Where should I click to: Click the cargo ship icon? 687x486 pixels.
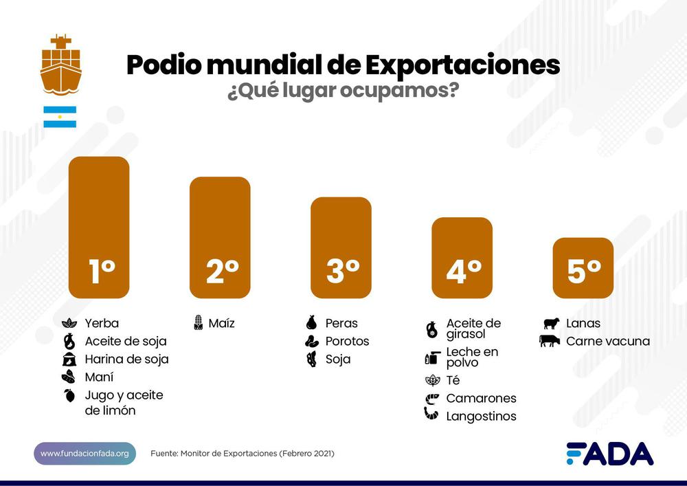pos(60,65)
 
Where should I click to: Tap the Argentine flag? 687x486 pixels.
pos(60,117)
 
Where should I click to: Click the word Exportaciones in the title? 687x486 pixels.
pos(462,65)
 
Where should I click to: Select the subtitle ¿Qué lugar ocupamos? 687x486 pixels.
pos(343,91)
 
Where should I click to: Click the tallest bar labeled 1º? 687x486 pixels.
pos(99,227)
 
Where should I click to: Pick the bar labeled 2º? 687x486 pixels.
pos(220,237)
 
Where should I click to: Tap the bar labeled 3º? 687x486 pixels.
pos(341,247)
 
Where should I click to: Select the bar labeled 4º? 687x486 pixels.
pos(462,258)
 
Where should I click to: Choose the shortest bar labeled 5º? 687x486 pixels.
pos(583,268)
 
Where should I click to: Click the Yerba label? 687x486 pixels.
pos(102,323)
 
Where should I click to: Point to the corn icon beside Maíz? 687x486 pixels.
pos(198,323)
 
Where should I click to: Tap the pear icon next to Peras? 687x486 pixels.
pos(311,323)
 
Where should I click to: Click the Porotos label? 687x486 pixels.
pos(347,341)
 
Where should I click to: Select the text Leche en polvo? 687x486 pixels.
pos(472,357)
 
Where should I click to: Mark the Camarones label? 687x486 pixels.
pos(481,398)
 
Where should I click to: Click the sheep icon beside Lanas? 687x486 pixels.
pos(551,323)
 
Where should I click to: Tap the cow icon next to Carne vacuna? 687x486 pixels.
pos(550,341)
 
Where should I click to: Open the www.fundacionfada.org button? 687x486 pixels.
pos(85,454)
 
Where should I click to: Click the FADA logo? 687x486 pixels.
pos(609,454)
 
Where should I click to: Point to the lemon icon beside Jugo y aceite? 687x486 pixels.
pos(69,395)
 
